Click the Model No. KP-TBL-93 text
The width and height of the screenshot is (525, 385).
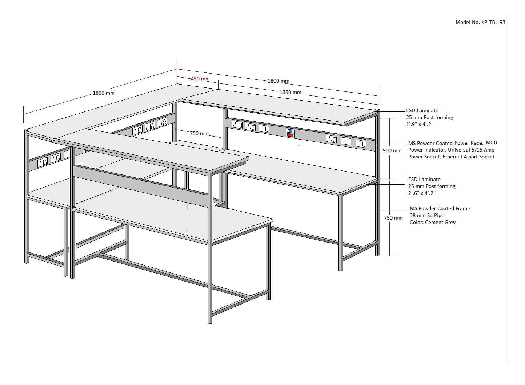[480, 22]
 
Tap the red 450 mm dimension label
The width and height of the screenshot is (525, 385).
[200, 79]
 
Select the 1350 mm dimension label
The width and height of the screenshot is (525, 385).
[290, 92]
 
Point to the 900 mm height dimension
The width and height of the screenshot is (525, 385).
[392, 150]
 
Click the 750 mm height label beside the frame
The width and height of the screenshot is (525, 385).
[393, 218]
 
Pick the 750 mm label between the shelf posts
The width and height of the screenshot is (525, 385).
[199, 133]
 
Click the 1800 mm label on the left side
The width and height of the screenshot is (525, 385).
[104, 93]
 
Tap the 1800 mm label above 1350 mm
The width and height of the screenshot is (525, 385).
[278, 81]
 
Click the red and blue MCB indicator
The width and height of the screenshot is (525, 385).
[290, 133]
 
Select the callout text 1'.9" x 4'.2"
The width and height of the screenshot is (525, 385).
[420, 124]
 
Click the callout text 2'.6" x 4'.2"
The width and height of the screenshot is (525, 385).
[422, 193]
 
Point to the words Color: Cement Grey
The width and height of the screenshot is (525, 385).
[432, 222]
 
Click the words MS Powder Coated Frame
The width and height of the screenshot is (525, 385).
[440, 208]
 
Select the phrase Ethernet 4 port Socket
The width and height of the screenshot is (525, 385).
[468, 157]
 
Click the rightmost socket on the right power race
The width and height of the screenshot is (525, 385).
[360, 144]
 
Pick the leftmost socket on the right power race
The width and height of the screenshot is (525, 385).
[237, 125]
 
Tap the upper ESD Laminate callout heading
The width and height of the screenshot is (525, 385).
[422, 110]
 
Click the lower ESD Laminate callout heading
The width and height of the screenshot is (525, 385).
[424, 179]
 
